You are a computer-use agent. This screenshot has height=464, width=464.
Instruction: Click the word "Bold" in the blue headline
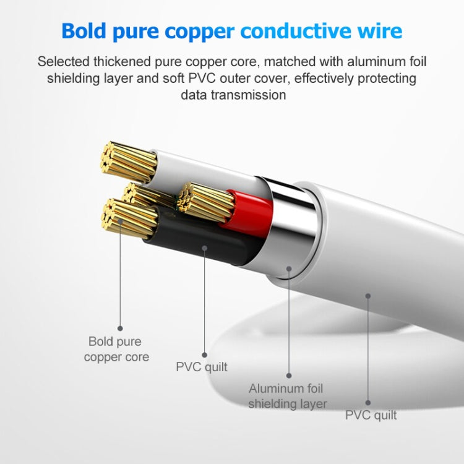[x=84, y=30]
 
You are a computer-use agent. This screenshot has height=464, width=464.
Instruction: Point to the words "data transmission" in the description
[x=233, y=95]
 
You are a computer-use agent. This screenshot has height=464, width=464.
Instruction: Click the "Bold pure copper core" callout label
[x=116, y=349]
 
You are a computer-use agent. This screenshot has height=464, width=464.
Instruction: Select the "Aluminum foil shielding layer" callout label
[x=287, y=396]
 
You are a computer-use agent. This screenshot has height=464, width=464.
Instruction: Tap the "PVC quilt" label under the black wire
[x=202, y=367]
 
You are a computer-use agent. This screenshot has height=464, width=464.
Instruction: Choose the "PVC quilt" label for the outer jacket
[x=371, y=415]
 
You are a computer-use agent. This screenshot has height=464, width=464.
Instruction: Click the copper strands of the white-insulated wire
[x=129, y=162]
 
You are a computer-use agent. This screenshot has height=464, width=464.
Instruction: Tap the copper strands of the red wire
[x=205, y=202]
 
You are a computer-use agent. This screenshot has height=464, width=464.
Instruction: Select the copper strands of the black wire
[x=129, y=218]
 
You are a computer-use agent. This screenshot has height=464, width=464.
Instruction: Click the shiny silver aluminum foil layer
[x=291, y=225]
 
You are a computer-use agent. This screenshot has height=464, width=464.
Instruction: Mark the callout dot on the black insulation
[x=205, y=248]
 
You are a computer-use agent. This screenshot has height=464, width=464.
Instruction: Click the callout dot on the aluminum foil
[x=289, y=269]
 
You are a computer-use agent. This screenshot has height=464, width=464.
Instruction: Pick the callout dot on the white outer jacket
[x=368, y=296]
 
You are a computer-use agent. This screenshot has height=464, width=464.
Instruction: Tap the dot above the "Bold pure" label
[x=120, y=328]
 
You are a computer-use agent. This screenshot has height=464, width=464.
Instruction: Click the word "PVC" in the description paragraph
[x=202, y=79]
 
